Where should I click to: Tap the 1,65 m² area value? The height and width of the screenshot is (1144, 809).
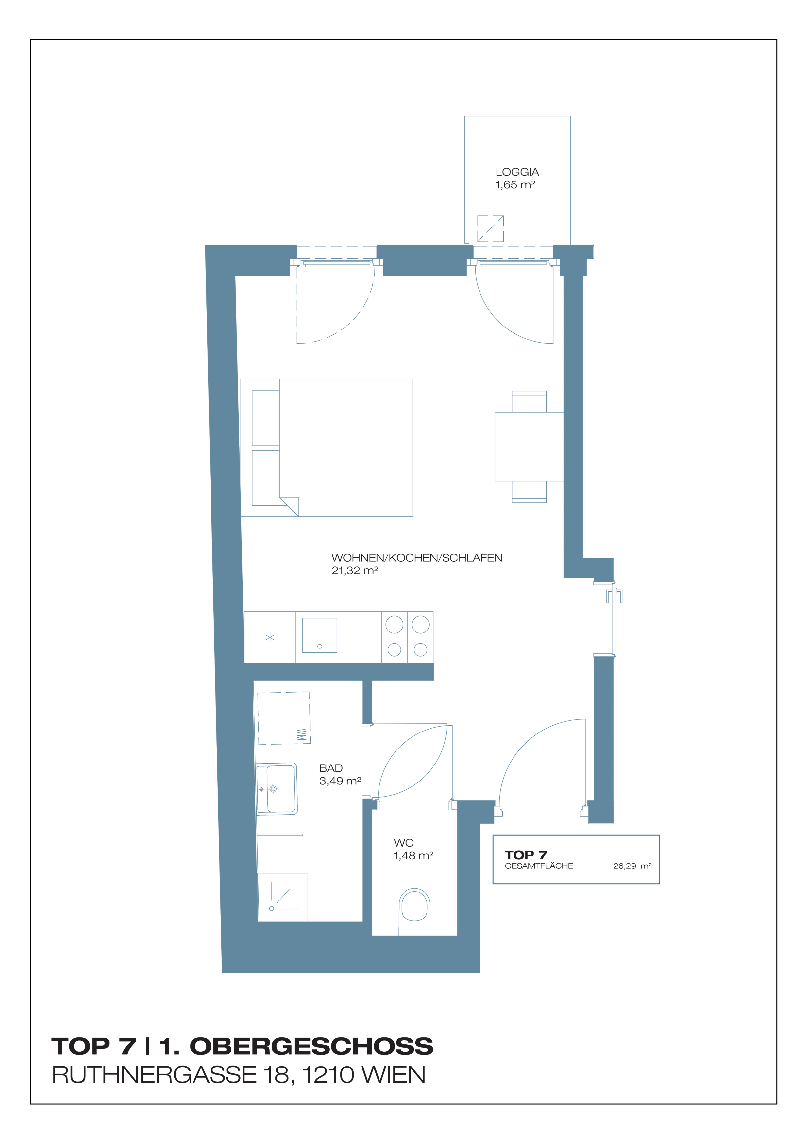click(x=515, y=185)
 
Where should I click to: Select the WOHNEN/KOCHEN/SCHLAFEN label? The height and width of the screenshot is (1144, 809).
click(x=417, y=558)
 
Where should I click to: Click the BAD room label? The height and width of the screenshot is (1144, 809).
click(x=331, y=768)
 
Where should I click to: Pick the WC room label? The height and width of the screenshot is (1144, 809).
click(x=403, y=843)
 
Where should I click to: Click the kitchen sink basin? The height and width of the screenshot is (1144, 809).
click(x=319, y=635)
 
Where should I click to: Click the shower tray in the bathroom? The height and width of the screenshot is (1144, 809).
click(x=282, y=897)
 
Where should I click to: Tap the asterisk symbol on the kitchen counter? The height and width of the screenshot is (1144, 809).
click(x=270, y=637)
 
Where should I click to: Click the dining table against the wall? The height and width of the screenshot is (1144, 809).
click(x=529, y=446)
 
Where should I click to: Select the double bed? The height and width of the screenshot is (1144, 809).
click(x=327, y=448)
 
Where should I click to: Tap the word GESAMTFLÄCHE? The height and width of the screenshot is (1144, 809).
click(x=539, y=866)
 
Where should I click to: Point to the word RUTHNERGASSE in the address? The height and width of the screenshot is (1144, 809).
click(x=154, y=1075)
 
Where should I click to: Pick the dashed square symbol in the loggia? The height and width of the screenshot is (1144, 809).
click(x=490, y=229)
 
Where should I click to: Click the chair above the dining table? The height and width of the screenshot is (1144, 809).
click(x=529, y=402)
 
